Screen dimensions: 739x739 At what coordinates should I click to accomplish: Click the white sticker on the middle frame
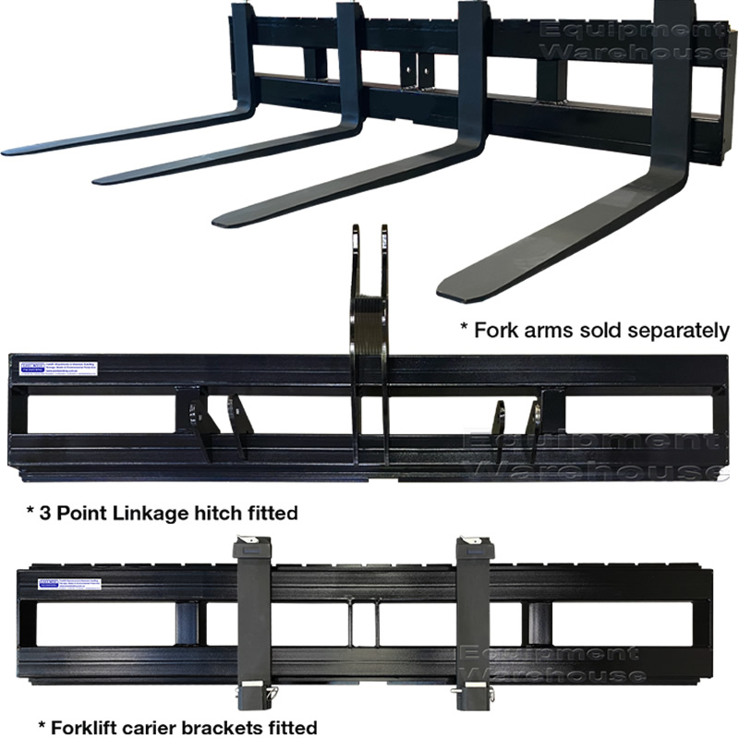[x=55, y=369]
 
